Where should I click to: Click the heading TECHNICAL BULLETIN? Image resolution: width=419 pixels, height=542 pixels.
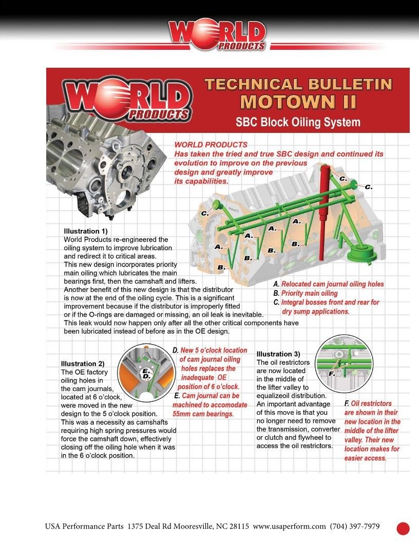(x=298, y=84)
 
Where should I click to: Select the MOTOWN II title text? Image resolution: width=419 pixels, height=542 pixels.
(x=298, y=102)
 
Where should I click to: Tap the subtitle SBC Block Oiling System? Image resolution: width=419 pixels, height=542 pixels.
(x=298, y=122)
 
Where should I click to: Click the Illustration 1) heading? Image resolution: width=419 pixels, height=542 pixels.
(x=85, y=231)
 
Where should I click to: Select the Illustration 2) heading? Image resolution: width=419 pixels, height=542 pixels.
(x=83, y=364)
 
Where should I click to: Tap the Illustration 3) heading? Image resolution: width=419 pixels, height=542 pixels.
(x=278, y=354)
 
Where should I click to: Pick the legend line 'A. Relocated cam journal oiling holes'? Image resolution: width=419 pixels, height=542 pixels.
(x=328, y=284)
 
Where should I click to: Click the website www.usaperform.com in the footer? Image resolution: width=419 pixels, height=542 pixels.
(x=290, y=527)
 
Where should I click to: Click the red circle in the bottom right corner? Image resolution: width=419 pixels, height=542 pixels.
(x=403, y=528)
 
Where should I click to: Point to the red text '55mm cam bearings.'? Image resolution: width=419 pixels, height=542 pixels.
(x=203, y=414)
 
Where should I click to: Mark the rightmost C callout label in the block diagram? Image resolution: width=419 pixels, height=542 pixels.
(x=368, y=187)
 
